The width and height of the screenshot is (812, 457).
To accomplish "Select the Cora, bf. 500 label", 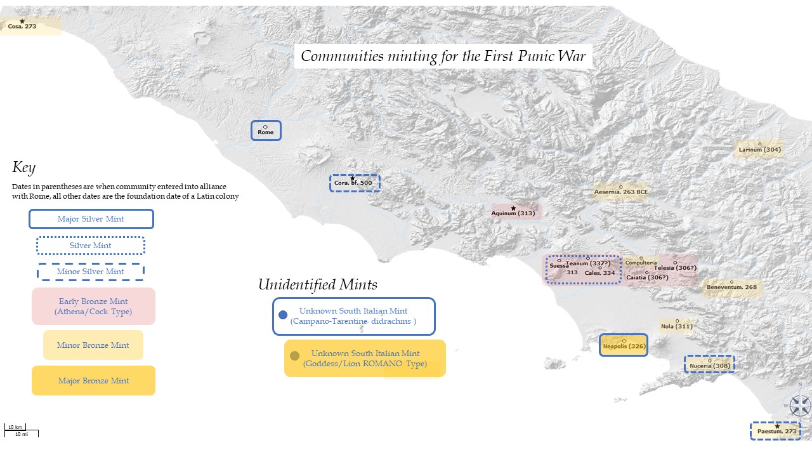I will pyautogui.click(x=354, y=183).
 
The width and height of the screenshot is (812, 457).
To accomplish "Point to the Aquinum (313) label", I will pyautogui.click(x=513, y=213).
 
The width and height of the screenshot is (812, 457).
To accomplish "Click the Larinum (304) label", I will pyautogui.click(x=759, y=150).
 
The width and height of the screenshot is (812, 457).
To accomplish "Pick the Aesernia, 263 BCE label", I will pyautogui.click(x=620, y=192).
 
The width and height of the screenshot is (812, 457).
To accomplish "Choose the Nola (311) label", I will pyautogui.click(x=676, y=326).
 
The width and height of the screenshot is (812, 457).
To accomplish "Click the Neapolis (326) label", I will pyautogui.click(x=624, y=346).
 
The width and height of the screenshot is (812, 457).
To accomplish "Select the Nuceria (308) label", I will pyautogui.click(x=709, y=366).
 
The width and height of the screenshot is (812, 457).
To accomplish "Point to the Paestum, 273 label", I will pyautogui.click(x=776, y=431).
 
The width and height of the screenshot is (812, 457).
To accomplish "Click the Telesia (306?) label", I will pyautogui.click(x=675, y=268).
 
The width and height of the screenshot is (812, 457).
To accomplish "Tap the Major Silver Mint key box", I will pyautogui.click(x=91, y=219).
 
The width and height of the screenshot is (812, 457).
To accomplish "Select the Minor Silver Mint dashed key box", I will pyautogui.click(x=91, y=272).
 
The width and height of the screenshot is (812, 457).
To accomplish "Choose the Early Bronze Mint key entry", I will pyautogui.click(x=93, y=306).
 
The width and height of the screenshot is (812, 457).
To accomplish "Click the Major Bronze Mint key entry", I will pyautogui.click(x=93, y=381).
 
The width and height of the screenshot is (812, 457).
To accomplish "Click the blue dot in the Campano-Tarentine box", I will pyautogui.click(x=283, y=315).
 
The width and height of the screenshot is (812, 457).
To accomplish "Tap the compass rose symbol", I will pyautogui.click(x=800, y=405).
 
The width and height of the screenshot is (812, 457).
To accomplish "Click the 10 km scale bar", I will pyautogui.click(x=15, y=429).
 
